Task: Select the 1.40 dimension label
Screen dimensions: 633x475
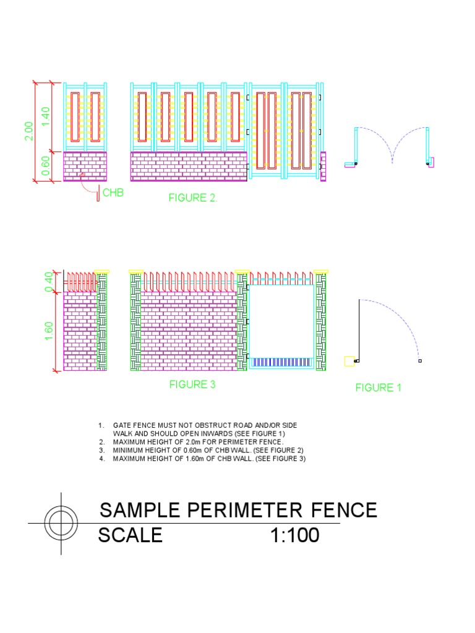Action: click(46, 116)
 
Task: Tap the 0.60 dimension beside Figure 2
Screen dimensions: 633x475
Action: click(46, 166)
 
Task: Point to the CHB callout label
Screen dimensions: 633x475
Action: click(113, 193)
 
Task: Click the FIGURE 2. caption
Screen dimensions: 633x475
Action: click(194, 198)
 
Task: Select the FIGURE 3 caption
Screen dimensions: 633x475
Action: click(192, 384)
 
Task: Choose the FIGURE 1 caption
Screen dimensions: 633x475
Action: click(378, 388)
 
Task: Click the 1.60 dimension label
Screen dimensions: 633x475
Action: click(49, 331)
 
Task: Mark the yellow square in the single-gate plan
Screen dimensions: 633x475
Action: click(349, 361)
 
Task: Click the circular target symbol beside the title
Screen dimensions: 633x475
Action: click(61, 523)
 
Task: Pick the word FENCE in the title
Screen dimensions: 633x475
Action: click(344, 510)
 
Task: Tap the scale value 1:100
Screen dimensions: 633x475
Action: click(295, 535)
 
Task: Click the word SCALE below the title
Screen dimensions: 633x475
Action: click(131, 535)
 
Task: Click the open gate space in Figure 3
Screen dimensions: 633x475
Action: click(281, 318)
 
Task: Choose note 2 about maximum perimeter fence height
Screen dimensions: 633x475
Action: click(198, 443)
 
